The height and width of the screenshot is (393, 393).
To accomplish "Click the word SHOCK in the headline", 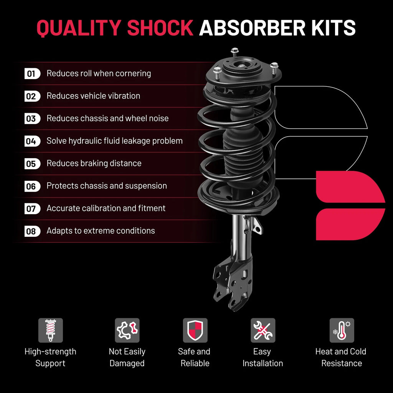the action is (x=160, y=28).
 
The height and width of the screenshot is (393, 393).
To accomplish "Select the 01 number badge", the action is (x=32, y=74).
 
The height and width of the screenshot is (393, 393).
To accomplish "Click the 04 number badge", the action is (x=32, y=141).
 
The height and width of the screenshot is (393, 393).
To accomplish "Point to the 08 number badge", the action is (x=32, y=231).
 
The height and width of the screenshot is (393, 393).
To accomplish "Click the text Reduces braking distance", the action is (x=94, y=163).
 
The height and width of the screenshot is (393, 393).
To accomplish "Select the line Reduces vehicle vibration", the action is (x=93, y=96).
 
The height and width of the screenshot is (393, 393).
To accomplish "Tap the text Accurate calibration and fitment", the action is (x=106, y=208).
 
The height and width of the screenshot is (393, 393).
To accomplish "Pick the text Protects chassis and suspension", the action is (x=107, y=186).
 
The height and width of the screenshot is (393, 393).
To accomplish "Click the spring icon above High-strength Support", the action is (x=51, y=330).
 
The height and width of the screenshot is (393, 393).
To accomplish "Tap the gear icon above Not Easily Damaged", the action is (x=127, y=330).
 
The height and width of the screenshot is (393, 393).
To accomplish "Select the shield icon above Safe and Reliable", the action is (x=195, y=330).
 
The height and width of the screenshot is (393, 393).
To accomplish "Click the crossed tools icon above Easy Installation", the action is (x=263, y=330).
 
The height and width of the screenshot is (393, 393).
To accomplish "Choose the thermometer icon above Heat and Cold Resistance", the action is (x=342, y=330).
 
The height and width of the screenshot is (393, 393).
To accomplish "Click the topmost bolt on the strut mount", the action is (x=234, y=52).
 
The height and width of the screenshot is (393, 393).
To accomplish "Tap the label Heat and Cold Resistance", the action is (x=341, y=357).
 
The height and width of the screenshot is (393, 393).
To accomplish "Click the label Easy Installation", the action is (x=263, y=357).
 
